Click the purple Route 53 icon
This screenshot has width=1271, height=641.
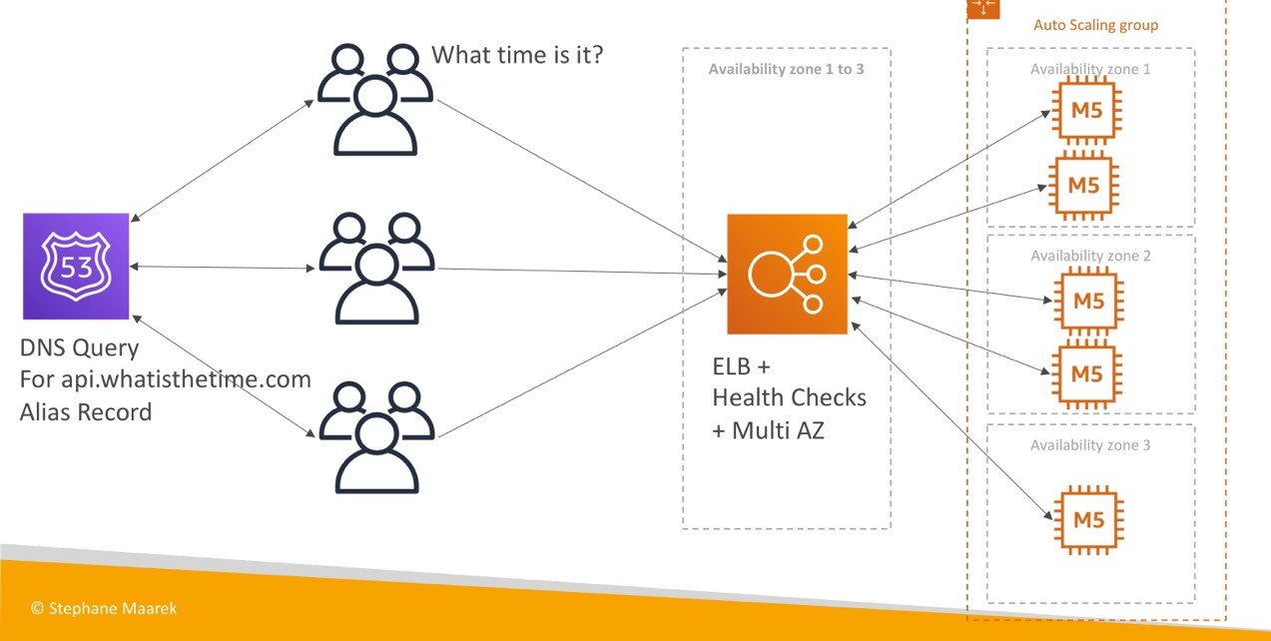pos(77,266)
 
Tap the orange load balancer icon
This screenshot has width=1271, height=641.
pos(786,274)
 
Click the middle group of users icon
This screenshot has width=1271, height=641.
pos(376,268)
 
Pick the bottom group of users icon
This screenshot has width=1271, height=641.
pos(376,437)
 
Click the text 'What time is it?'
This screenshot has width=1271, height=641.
pos(517,55)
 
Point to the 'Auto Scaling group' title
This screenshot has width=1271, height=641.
pos(1095,25)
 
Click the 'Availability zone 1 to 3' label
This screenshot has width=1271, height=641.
pos(786,70)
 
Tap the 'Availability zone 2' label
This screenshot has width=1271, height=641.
pos(1090,257)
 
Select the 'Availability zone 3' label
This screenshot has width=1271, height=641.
pos(1090,445)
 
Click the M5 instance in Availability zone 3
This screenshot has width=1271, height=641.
pos(1087,519)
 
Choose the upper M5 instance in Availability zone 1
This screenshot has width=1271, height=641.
pos(1087,111)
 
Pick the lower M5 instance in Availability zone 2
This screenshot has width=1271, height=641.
pos(1087,374)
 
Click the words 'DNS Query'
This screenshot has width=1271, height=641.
pos(79,349)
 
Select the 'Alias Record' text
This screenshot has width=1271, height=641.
pos(86,411)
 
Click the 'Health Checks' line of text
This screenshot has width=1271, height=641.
pos(789,397)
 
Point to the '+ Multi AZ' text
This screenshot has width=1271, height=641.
pos(768,431)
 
